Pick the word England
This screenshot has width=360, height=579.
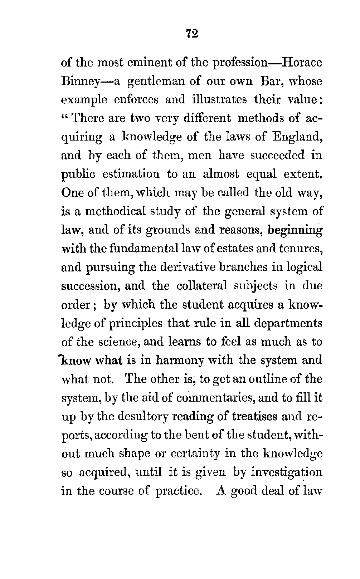[299, 137]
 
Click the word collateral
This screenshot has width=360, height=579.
[202, 286]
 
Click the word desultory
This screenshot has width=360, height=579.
[136, 416]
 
